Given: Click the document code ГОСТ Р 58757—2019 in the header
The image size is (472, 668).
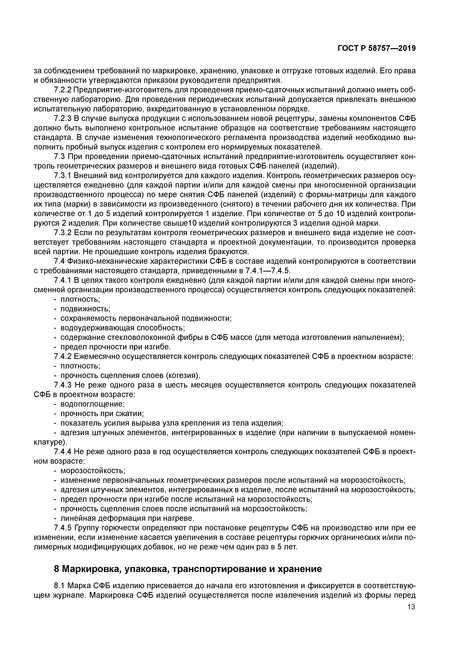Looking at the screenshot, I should tap(377, 48).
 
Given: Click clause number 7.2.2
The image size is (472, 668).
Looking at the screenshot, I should tap(63, 90).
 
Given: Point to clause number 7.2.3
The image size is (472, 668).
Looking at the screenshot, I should tap(63, 119).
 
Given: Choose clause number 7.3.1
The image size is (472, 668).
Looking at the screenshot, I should tap(63, 176).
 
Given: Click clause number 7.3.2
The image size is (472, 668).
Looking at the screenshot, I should tap(63, 233).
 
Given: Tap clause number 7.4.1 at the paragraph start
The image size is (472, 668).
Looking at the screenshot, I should tap(63, 280).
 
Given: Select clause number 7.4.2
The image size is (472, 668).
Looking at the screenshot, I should tap(63, 356).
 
